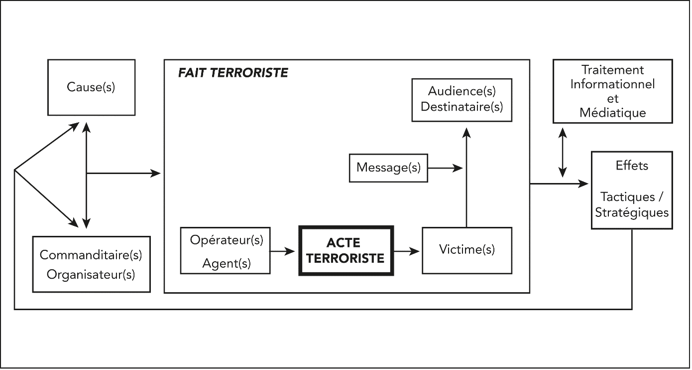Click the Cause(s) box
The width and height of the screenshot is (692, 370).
point(91,87)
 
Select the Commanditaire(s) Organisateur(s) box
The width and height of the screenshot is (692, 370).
point(91,264)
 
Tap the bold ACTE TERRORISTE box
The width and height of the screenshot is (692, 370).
point(346,251)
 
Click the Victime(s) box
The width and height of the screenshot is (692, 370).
point(466,250)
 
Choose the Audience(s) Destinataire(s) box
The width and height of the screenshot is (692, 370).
point(461,100)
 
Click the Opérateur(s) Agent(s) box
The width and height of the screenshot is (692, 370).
point(226,251)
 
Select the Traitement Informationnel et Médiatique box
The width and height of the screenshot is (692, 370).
point(613,91)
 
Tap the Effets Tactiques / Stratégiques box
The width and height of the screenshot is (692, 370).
point(631,190)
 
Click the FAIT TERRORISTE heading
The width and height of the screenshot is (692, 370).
point(233,73)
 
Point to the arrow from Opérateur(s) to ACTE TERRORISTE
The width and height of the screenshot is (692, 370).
point(282,251)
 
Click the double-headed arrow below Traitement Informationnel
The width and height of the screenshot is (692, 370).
point(563,153)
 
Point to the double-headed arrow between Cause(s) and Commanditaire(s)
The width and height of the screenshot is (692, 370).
point(87,175)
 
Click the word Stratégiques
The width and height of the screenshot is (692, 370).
point(632,212)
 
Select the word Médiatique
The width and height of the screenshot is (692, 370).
point(613,113)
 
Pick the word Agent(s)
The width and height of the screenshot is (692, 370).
point(227,263)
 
